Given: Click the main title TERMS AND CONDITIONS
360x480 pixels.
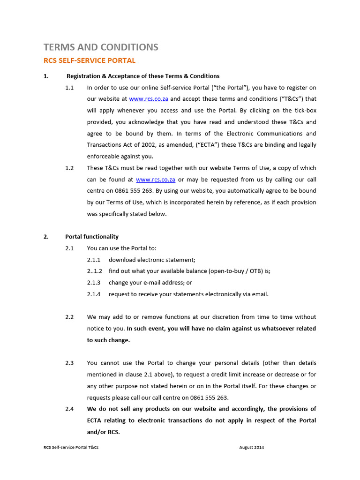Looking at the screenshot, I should (101, 47).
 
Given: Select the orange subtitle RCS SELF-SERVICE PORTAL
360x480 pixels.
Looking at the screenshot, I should (89, 60).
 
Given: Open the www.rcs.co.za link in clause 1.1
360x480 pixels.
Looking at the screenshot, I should (149, 99).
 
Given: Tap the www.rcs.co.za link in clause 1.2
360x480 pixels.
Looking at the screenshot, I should (156, 180).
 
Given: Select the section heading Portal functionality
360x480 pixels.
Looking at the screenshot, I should (92, 237).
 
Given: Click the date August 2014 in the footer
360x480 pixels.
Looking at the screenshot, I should (252, 448).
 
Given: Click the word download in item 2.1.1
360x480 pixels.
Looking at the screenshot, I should (123, 260).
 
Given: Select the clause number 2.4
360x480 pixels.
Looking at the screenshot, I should (69, 409).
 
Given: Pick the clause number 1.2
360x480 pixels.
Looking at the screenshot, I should (69, 168).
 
